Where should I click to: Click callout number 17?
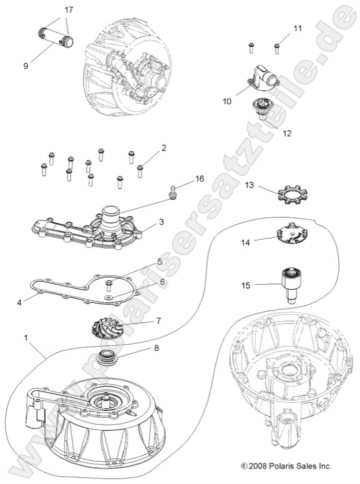(x=68, y=10)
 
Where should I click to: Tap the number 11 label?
(x=297, y=29)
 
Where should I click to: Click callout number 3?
(x=160, y=222)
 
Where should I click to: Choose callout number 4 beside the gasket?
(x=19, y=303)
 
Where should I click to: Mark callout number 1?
(x=26, y=338)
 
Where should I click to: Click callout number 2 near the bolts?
(x=163, y=148)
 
